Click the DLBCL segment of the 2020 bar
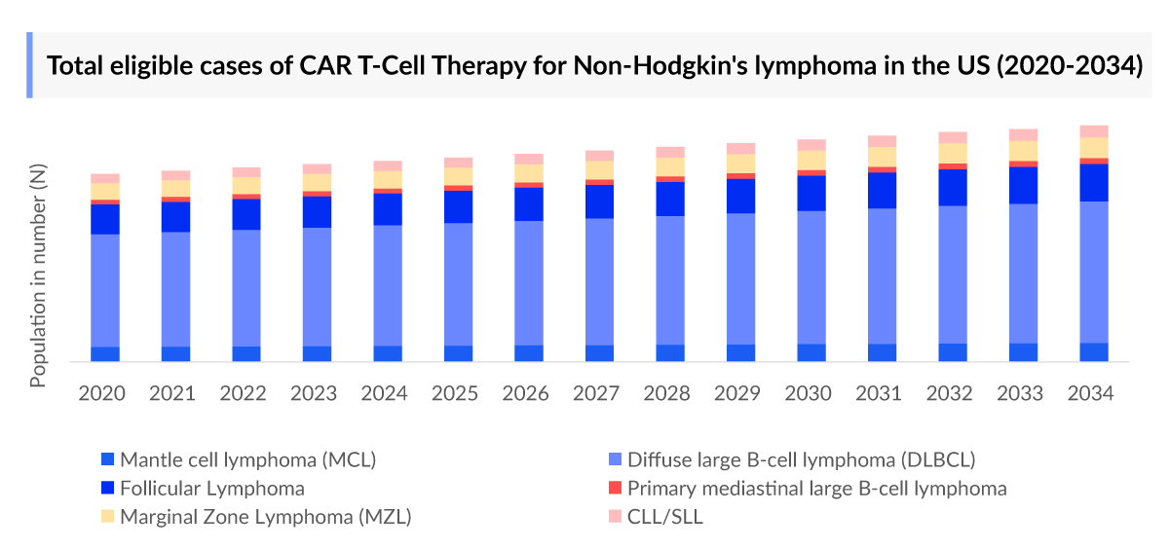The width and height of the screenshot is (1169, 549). (105, 290)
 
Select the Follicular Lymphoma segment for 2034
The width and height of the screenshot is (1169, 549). (1094, 182)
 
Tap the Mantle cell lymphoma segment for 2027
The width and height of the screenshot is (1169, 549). (599, 352)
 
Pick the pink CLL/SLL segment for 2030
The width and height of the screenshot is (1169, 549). (811, 145)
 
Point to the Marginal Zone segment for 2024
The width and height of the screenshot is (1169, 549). (388, 179)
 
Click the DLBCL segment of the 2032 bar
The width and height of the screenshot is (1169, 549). (953, 274)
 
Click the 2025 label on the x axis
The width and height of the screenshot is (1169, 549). (455, 393)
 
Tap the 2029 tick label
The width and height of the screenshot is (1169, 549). (737, 393)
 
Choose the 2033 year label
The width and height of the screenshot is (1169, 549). (1020, 393)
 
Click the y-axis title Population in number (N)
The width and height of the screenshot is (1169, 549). (39, 276)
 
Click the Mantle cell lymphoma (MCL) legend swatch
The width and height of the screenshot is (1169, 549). (108, 459)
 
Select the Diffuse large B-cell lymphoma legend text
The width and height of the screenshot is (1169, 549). (801, 459)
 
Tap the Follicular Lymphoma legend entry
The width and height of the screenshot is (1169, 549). (211, 489)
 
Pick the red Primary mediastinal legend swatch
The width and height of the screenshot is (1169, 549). (616, 489)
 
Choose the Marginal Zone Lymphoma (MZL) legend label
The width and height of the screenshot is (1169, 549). (265, 517)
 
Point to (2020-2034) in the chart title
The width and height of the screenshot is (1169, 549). (1071, 66)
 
